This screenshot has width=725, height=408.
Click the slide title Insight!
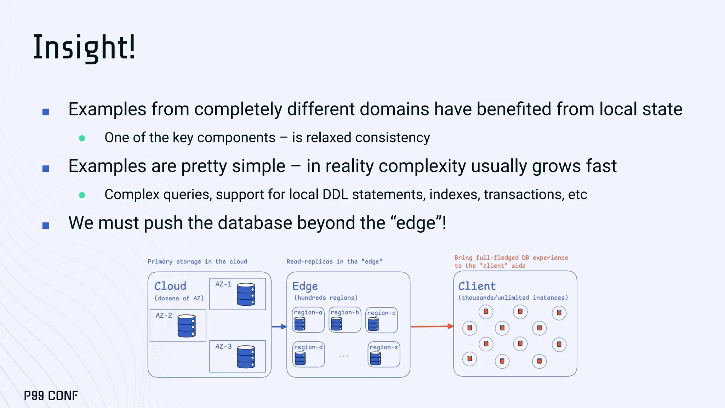[x=84, y=47]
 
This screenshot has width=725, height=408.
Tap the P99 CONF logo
[x=51, y=396]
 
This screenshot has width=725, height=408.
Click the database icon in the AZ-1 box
[x=246, y=294]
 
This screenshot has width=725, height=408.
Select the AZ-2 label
[x=164, y=315]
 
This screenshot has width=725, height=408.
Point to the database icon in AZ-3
[x=246, y=357]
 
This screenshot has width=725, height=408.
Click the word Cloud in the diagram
[x=170, y=286]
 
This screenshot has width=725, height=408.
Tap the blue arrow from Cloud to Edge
[x=279, y=327]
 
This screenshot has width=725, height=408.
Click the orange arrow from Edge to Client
[x=432, y=326]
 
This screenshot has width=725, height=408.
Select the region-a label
[x=308, y=312]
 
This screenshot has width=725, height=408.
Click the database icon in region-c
[x=373, y=324]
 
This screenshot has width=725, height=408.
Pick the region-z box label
[x=384, y=347]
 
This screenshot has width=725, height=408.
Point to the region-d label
[x=308, y=347]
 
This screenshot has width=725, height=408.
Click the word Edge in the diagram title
[x=305, y=286]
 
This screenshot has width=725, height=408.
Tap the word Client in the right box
[x=477, y=286]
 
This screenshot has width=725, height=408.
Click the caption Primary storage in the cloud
[x=197, y=261]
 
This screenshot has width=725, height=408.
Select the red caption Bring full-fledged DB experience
[x=511, y=258]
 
